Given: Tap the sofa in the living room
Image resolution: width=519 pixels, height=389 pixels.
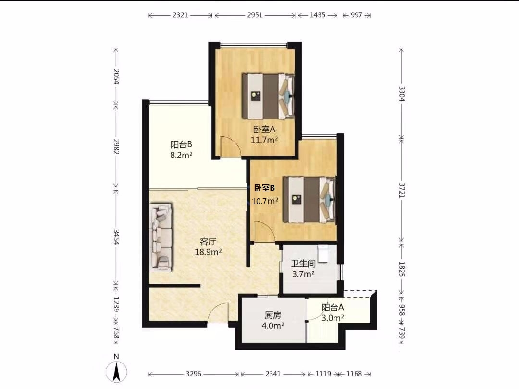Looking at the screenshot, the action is (x=161, y=238).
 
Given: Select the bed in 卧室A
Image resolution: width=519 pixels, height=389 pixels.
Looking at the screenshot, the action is (x=269, y=96).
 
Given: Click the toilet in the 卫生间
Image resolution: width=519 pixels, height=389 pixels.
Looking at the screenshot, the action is (x=323, y=253).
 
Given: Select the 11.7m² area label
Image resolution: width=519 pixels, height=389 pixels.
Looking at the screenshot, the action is (x=264, y=140).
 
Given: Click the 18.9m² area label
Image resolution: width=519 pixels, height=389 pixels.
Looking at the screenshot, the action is (x=208, y=252).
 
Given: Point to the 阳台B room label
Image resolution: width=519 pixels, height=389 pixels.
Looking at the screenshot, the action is (x=181, y=144).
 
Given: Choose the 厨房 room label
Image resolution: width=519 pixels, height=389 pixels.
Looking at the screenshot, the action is (x=273, y=315).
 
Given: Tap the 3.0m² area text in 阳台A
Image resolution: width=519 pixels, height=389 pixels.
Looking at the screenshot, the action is (x=333, y=318).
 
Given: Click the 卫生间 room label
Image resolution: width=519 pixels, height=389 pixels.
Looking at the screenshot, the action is (x=303, y=264).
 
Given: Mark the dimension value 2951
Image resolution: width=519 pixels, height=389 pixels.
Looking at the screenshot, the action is (x=255, y=15).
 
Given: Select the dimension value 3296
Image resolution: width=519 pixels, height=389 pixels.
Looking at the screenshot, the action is (x=194, y=374).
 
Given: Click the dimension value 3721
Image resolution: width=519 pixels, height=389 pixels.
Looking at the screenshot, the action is (x=401, y=190).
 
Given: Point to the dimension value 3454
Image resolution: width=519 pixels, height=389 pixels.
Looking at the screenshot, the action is (x=116, y=237).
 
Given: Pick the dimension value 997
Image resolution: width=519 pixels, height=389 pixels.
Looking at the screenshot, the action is (x=357, y=15).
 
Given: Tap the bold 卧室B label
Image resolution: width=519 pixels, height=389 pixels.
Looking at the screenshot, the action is (x=264, y=188).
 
